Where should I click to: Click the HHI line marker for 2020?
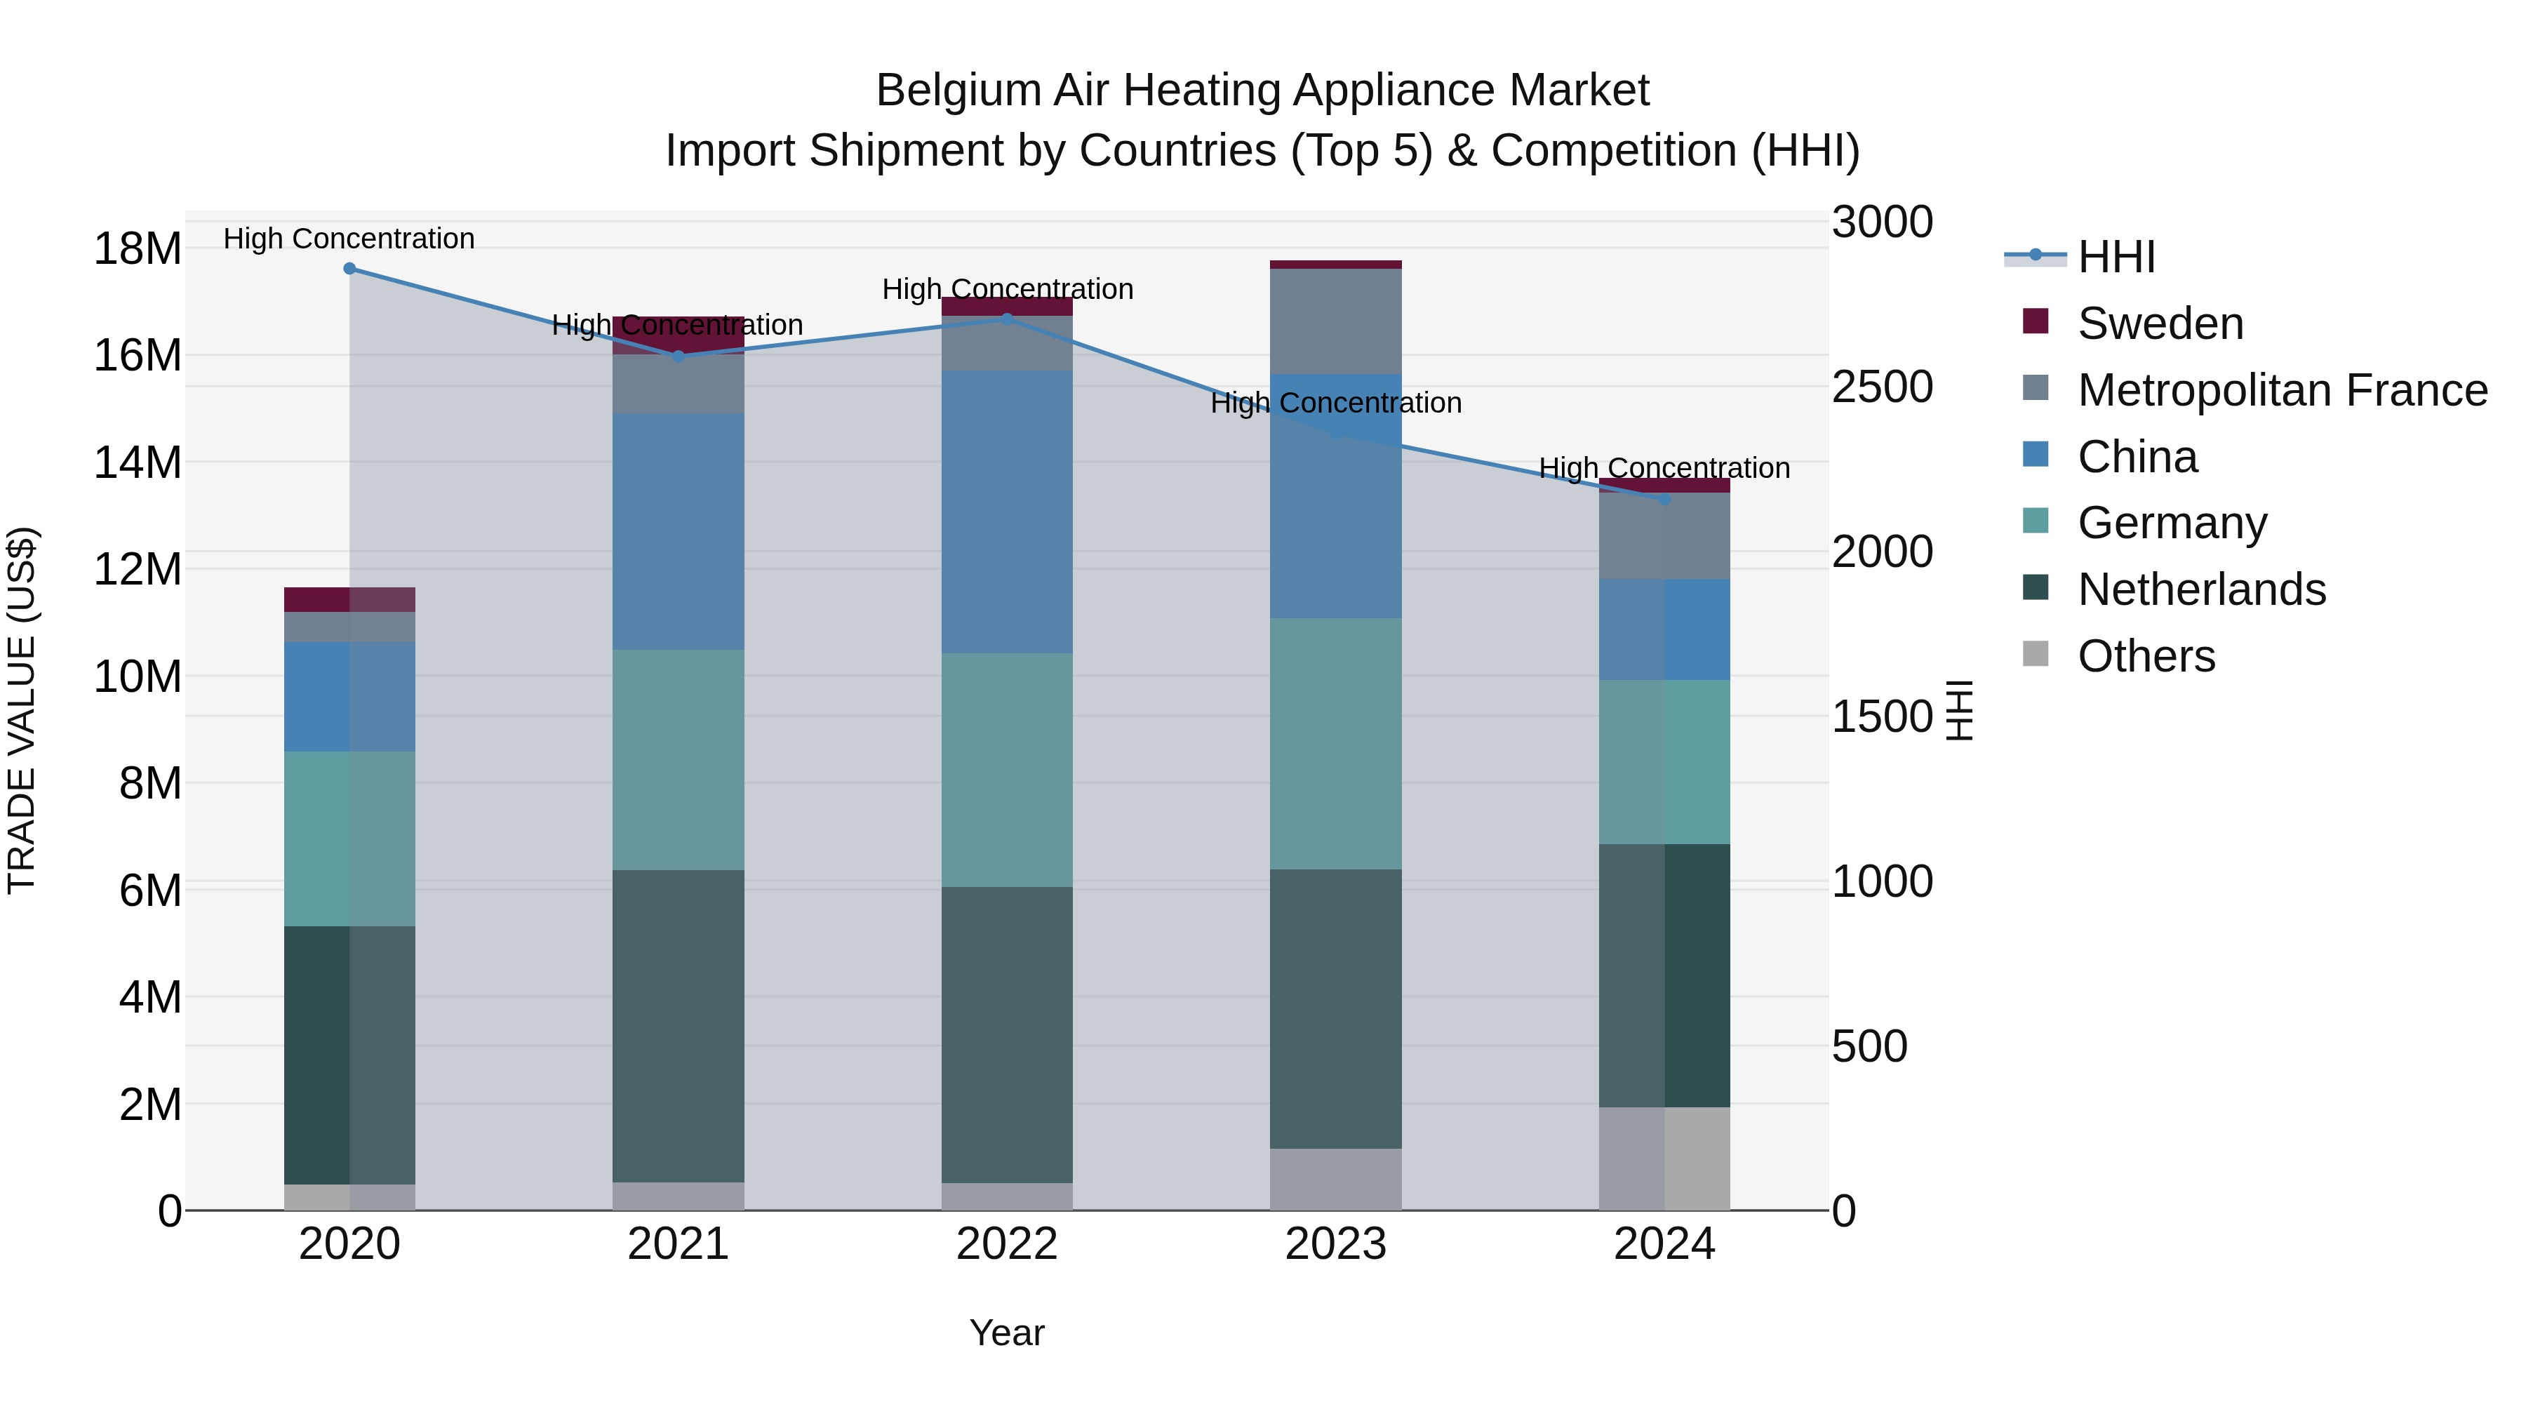click(349, 269)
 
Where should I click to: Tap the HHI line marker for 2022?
click(1006, 319)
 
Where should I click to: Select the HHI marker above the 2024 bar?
click(1664, 499)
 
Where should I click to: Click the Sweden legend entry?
click(2159, 323)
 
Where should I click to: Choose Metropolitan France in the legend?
click(2282, 390)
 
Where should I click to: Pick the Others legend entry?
click(2146, 656)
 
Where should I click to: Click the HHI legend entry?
click(2116, 257)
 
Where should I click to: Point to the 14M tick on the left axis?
click(138, 462)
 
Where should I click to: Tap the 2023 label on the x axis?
click(1335, 1244)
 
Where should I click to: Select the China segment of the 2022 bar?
click(1006, 512)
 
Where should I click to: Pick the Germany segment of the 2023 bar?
click(1335, 743)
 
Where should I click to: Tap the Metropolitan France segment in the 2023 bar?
click(1335, 321)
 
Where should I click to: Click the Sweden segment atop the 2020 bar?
click(349, 599)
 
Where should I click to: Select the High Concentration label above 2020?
click(349, 239)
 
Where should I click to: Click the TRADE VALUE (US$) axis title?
click(22, 710)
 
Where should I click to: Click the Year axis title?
click(1006, 1333)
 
